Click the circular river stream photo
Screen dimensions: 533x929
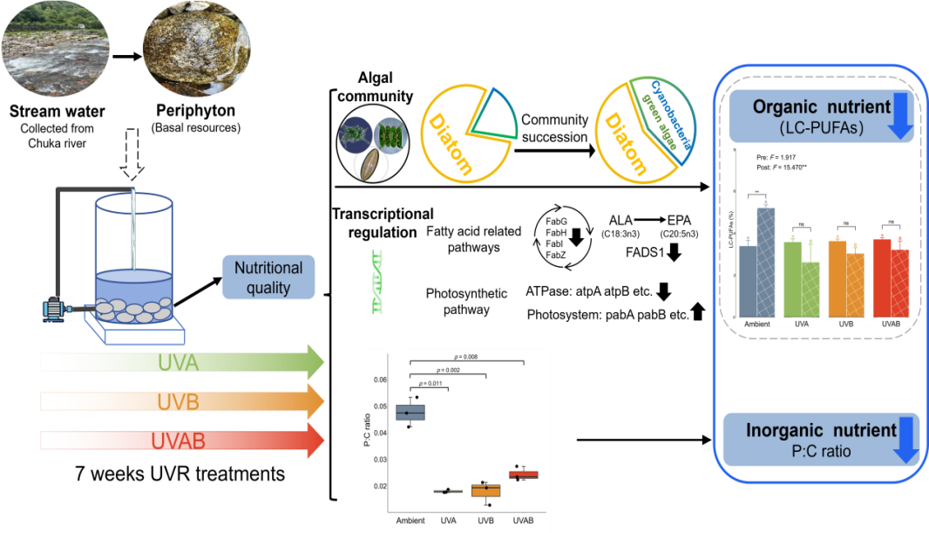(x=54, y=49)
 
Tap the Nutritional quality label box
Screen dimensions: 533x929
(x=268, y=277)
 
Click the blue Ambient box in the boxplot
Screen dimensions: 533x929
(x=410, y=413)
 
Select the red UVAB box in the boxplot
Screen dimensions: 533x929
(x=523, y=475)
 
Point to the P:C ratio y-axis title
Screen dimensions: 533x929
(x=367, y=434)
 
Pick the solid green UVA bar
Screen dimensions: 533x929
(x=792, y=279)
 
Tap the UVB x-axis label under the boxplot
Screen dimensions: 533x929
(x=485, y=521)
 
